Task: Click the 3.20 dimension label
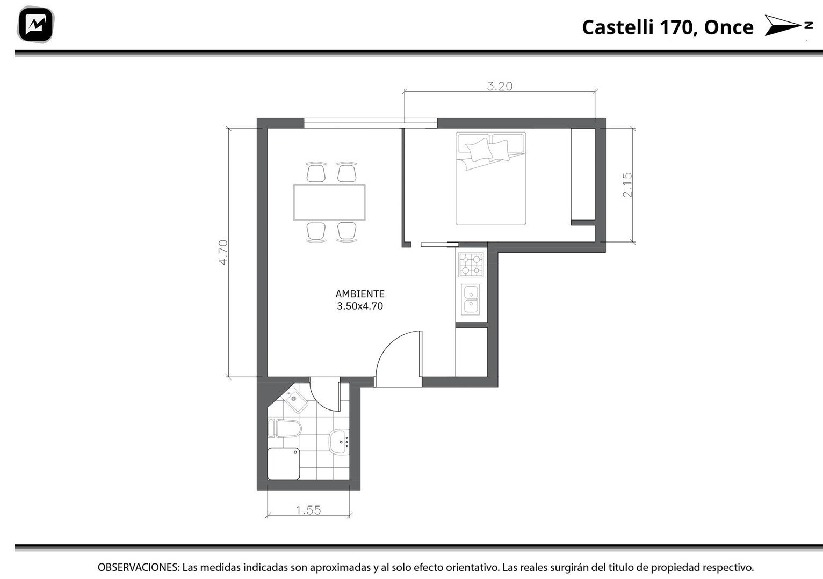[499, 86]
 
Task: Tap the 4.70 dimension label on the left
[223, 252]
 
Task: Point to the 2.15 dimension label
[627, 185]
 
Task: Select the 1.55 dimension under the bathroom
[308, 510]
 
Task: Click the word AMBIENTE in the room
[360, 294]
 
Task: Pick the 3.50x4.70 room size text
[360, 306]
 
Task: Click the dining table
[329, 202]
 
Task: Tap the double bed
[490, 178]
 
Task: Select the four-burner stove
[471, 265]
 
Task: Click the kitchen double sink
[471, 300]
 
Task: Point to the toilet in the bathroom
[285, 428]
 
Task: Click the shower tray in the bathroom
[283, 464]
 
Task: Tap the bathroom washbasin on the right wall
[339, 442]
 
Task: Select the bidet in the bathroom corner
[297, 401]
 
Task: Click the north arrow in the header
[788, 25]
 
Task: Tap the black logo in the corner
[35, 25]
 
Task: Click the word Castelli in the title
[618, 27]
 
